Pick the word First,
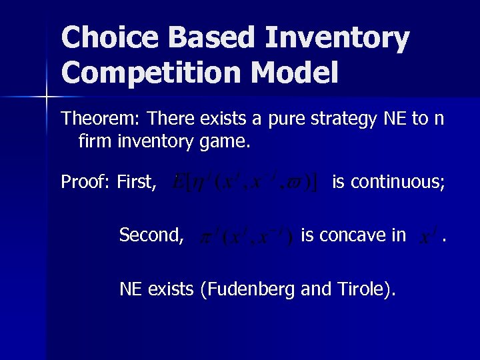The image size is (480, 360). pos(137,181)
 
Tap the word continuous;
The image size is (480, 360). pos(388,181)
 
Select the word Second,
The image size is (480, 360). pos(151,235)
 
